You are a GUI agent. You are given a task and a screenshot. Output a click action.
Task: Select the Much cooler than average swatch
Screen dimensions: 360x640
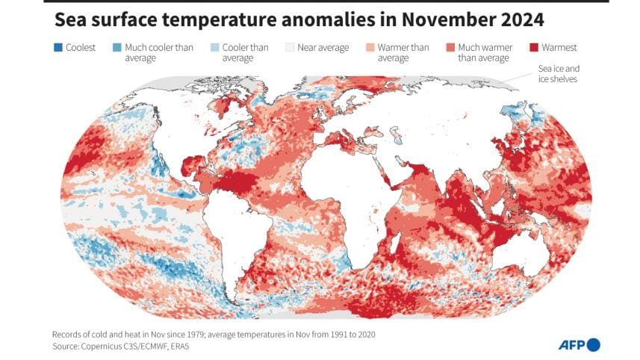click(x=117, y=48)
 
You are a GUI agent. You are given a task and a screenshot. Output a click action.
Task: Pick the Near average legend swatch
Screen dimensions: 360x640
click(x=290, y=48)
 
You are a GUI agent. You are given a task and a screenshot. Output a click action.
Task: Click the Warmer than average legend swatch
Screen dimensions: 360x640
click(x=370, y=48)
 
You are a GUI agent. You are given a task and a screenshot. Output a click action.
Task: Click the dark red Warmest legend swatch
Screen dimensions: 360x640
click(x=535, y=48)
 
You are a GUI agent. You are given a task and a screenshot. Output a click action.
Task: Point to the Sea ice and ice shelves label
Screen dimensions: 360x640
click(x=559, y=72)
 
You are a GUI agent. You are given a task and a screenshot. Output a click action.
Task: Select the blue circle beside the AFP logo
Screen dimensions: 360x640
click(x=593, y=344)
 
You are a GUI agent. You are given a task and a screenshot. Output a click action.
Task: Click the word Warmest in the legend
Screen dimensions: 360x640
click(x=560, y=48)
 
